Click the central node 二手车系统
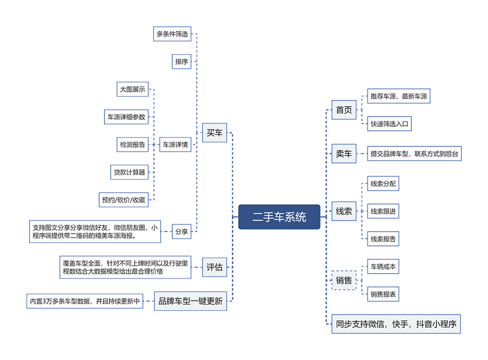pyautogui.click(x=279, y=217)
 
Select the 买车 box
pyautogui.click(x=214, y=133)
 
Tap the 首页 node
pyautogui.click(x=344, y=110)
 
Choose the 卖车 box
pyautogui.click(x=344, y=153)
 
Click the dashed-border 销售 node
pyautogui.click(x=344, y=280)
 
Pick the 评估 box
pyautogui.click(x=214, y=267)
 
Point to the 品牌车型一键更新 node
pyautogui.click(x=190, y=301)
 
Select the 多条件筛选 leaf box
pyautogui.click(x=172, y=34)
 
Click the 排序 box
pyautogui.click(x=182, y=61)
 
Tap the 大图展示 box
pyautogui.click(x=133, y=89)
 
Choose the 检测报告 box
pyautogui.click(x=133, y=145)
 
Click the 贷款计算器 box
pyautogui.click(x=129, y=172)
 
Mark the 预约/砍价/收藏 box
pyautogui.click(x=123, y=200)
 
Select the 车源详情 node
pyautogui.click(x=175, y=145)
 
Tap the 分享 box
pyautogui.click(x=182, y=232)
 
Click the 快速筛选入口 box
pyautogui.click(x=389, y=124)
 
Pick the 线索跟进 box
pyautogui.click(x=383, y=211)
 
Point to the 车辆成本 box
pyautogui.click(x=383, y=267)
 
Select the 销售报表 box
pyautogui.click(x=383, y=294)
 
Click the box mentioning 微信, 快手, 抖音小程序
pyautogui.click(x=396, y=324)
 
